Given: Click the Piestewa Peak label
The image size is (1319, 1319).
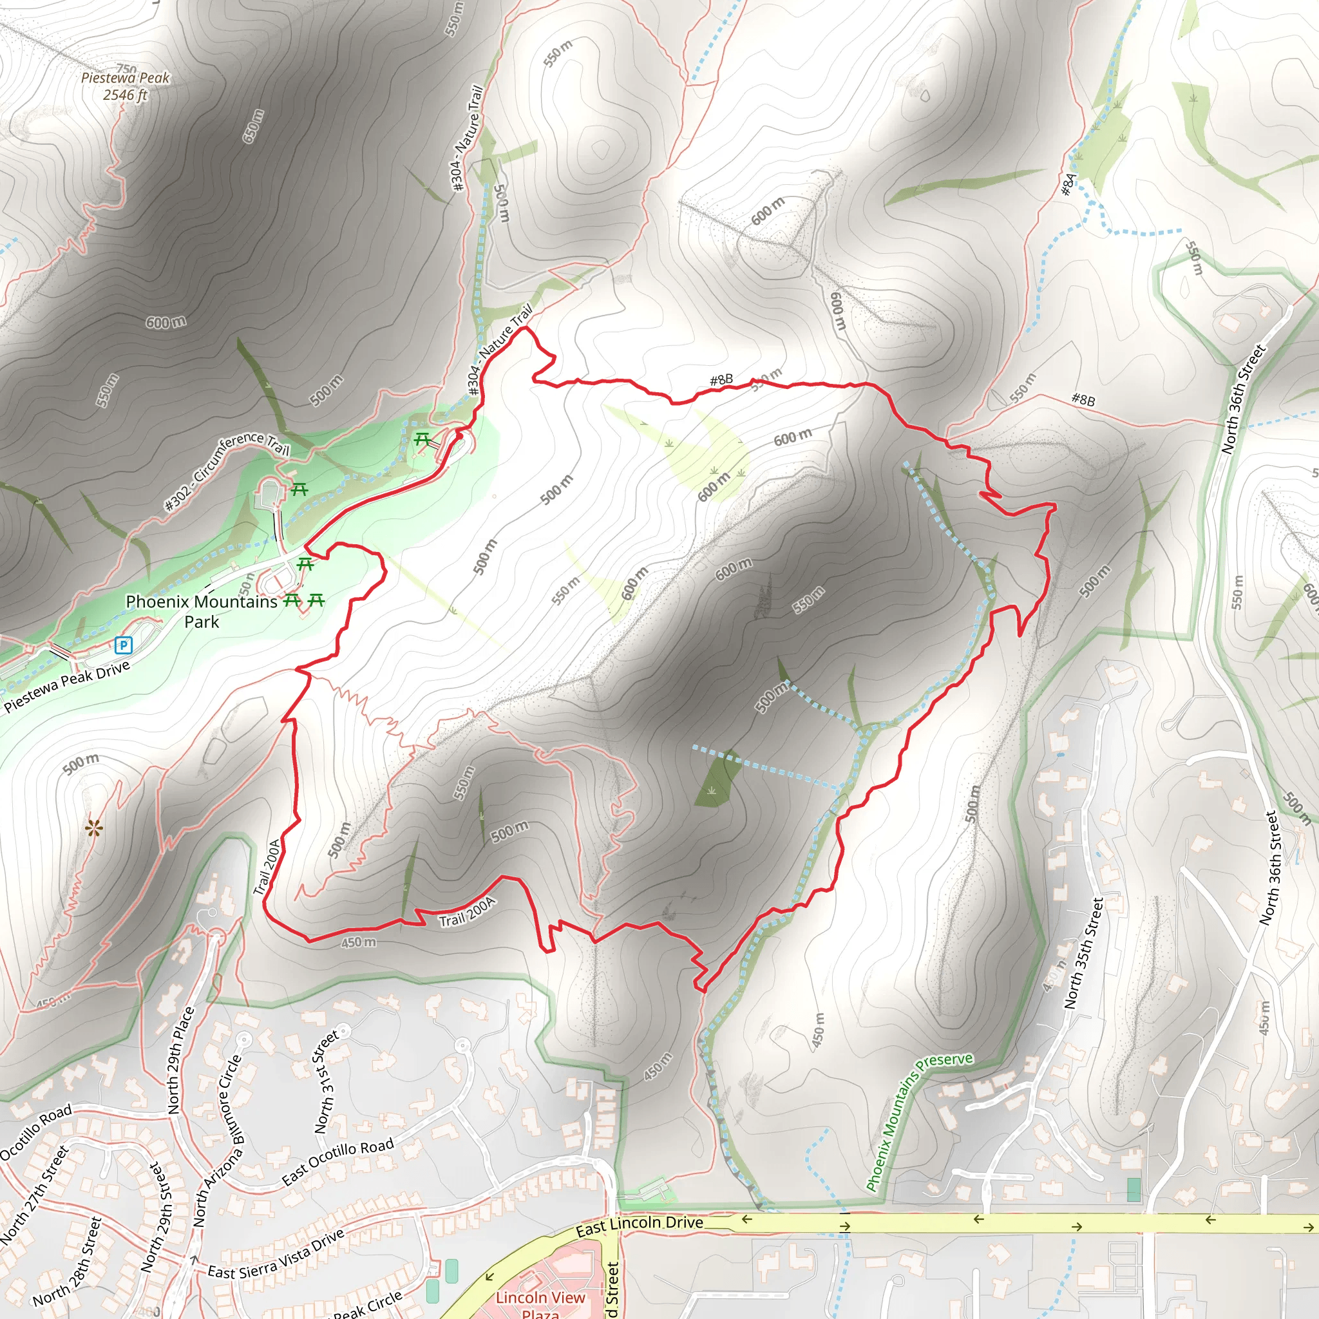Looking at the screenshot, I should click(125, 78).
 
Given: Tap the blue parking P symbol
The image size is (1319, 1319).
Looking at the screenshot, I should click(123, 645).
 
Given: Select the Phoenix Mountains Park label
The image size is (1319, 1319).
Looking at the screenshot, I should click(202, 611).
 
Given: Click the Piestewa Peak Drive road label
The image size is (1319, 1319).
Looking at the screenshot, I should click(67, 686).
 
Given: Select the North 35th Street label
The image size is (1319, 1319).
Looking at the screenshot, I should click(1083, 953).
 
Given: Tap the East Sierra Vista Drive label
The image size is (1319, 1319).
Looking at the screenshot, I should click(276, 1254).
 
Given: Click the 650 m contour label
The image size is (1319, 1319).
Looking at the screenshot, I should click(253, 126).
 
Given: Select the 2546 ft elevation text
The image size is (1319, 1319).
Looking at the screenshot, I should click(125, 95).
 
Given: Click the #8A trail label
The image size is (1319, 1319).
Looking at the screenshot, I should click(1068, 184).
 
